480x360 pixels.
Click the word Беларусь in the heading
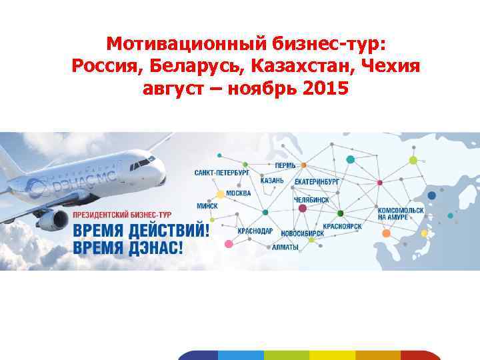point(187,66)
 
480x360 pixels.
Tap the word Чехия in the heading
point(391,66)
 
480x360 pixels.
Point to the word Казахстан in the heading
point(289,66)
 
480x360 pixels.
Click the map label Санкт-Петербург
point(222,173)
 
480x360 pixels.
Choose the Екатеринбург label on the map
point(317,181)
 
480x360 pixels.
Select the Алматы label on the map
point(285,247)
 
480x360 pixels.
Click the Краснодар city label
point(255,231)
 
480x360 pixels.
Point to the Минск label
point(207,207)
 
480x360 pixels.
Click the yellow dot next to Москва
point(221,195)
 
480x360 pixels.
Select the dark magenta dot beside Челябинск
point(303,208)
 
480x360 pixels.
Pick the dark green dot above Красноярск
point(340,213)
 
